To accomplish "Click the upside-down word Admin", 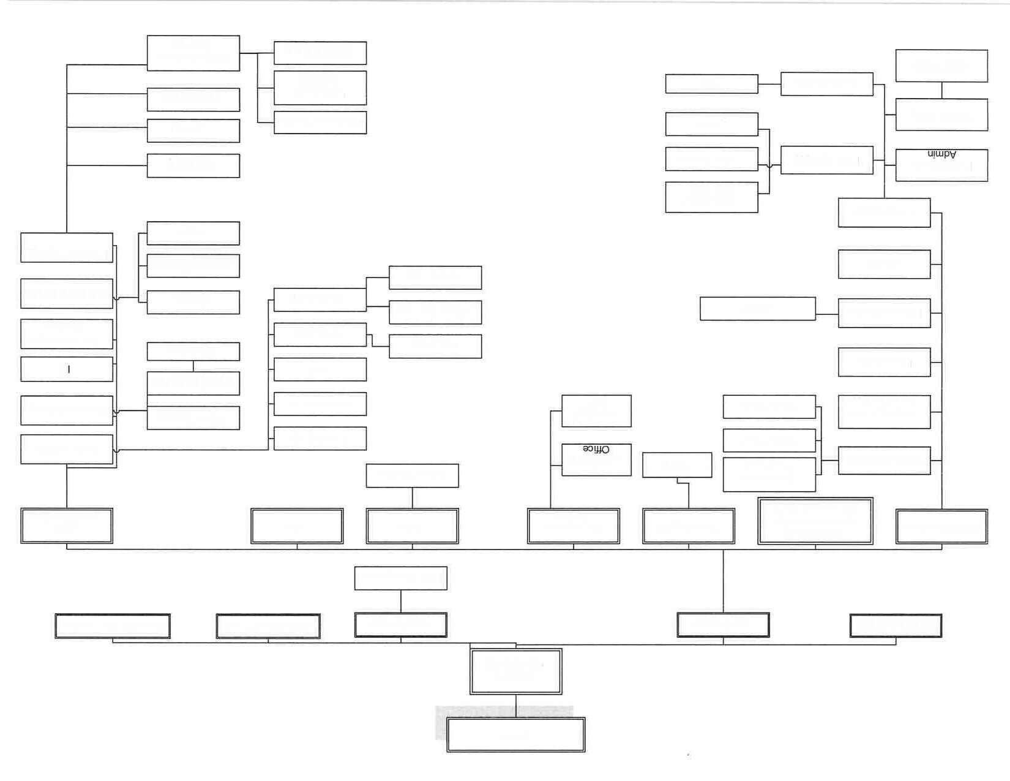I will (x=941, y=154).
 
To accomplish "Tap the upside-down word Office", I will (x=596, y=450).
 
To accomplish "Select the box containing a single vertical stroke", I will (x=67, y=369).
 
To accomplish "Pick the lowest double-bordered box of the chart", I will (x=515, y=734).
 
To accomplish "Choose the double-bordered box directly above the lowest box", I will (x=515, y=671).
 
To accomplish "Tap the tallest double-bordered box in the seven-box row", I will (x=815, y=521).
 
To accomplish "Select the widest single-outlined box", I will (x=757, y=309).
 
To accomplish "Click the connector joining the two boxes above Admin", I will (x=941, y=90).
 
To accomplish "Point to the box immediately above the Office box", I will (x=596, y=410).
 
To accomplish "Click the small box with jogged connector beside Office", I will (x=676, y=465).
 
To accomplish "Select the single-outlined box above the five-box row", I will (x=400, y=578).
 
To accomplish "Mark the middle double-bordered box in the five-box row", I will (x=400, y=625).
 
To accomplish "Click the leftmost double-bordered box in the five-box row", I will (x=113, y=626).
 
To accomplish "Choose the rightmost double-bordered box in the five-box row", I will (x=896, y=625).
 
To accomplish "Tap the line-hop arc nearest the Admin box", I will (x=769, y=165).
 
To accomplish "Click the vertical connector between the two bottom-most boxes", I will (x=515, y=706).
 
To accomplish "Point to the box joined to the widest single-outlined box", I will (x=884, y=313).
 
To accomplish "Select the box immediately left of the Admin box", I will (x=826, y=160).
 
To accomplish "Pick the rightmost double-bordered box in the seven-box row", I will (x=941, y=526).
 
